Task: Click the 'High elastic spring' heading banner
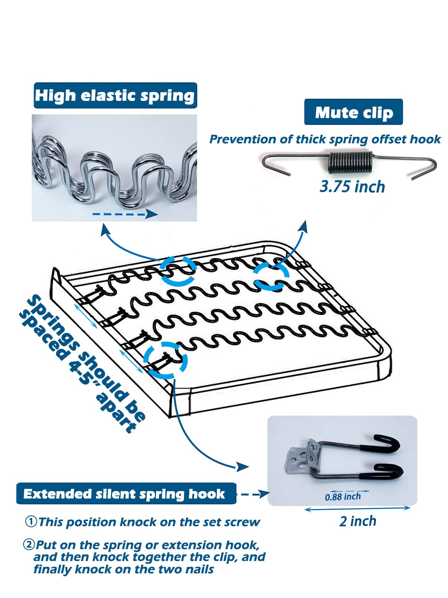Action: tap(115, 95)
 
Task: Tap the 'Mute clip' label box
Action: tap(353, 112)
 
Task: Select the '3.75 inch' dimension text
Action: tap(352, 187)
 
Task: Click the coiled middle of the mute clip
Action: tap(350, 163)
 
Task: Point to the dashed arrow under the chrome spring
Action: tap(125, 214)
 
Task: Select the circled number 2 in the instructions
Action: tap(29, 545)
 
